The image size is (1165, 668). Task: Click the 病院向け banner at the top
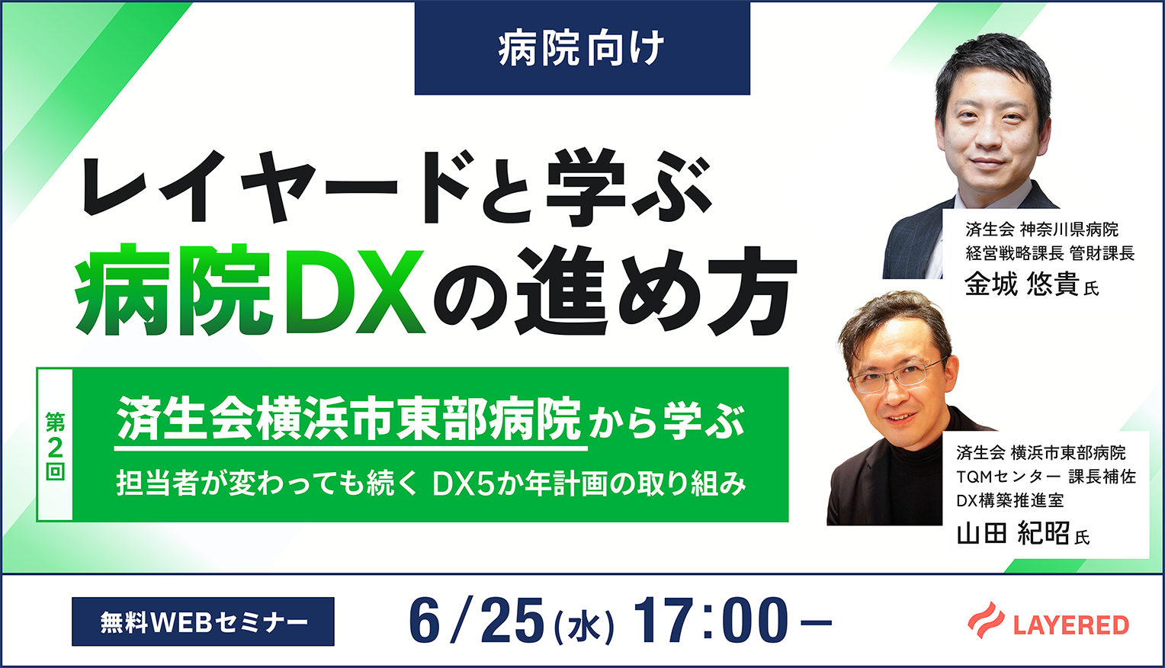pyautogui.click(x=582, y=48)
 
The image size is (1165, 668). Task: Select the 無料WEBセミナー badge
pyautogui.click(x=203, y=621)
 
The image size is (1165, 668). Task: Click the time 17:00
pyautogui.click(x=709, y=621)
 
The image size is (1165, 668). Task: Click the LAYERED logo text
pyautogui.click(x=1071, y=625)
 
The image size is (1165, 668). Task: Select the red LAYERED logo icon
pyautogui.click(x=986, y=620)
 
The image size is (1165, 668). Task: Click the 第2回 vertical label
pyautogui.click(x=55, y=445)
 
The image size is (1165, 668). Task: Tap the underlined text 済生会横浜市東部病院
pyautogui.click(x=349, y=419)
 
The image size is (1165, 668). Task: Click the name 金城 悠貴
pyautogui.click(x=1022, y=284)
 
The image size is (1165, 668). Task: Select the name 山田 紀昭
pyautogui.click(x=1013, y=533)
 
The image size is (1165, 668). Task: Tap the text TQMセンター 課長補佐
pyautogui.click(x=1046, y=477)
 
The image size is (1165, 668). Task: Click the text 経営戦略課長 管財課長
pyautogui.click(x=1050, y=253)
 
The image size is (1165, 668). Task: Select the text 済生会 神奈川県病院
pyautogui.click(x=1041, y=229)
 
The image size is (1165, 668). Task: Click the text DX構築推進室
pyautogui.click(x=1010, y=500)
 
